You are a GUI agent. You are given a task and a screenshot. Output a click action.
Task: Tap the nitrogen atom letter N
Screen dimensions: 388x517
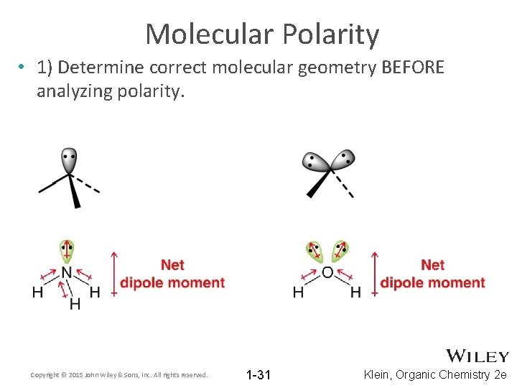[66, 272]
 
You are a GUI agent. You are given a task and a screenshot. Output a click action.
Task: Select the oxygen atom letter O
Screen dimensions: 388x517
[327, 272]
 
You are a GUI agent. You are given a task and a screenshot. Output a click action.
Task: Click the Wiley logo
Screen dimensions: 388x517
[478, 356]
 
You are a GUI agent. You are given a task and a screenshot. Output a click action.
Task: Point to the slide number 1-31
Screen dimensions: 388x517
[258, 374]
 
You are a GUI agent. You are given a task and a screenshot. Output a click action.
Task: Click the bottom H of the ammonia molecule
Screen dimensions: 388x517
[75, 305]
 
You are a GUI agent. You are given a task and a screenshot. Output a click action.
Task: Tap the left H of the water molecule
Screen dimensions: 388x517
[298, 292]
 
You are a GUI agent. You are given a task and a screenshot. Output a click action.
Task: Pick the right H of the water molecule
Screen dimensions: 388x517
[355, 292]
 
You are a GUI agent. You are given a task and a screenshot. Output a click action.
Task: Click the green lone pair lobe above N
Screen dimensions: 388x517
[67, 249]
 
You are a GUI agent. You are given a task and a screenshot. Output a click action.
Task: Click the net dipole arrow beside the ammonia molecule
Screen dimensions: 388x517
[113, 273]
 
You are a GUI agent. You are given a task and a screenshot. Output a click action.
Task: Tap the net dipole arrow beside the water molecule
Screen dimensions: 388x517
[373, 273]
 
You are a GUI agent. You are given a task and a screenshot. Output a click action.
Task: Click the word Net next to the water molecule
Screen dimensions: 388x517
[432, 265]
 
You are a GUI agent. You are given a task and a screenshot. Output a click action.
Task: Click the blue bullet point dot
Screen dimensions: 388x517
[22, 68]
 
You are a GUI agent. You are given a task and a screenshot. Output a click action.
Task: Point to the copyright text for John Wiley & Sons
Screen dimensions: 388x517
[119, 375]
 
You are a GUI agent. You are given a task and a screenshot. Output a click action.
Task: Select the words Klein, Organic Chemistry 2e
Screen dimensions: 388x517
[435, 374]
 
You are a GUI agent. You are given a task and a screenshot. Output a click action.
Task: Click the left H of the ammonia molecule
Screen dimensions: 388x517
[37, 292]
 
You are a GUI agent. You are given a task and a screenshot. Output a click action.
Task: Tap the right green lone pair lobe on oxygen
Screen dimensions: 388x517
[340, 251]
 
